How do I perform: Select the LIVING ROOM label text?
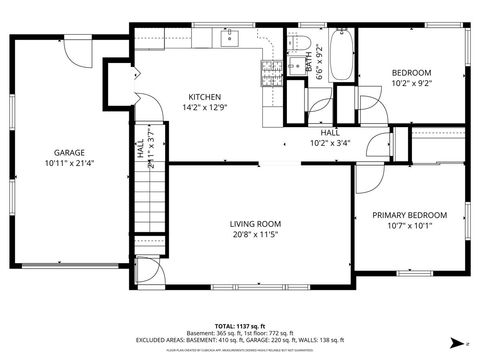(255, 224)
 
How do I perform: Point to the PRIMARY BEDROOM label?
(409, 215)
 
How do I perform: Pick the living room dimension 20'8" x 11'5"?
(255, 235)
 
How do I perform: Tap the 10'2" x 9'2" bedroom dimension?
(411, 84)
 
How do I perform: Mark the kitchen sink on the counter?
(229, 37)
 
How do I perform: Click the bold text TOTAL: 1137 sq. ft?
(239, 326)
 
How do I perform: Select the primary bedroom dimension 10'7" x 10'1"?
(409, 226)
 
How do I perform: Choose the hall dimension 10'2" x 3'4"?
(330, 142)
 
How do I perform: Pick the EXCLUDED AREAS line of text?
(239, 341)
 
